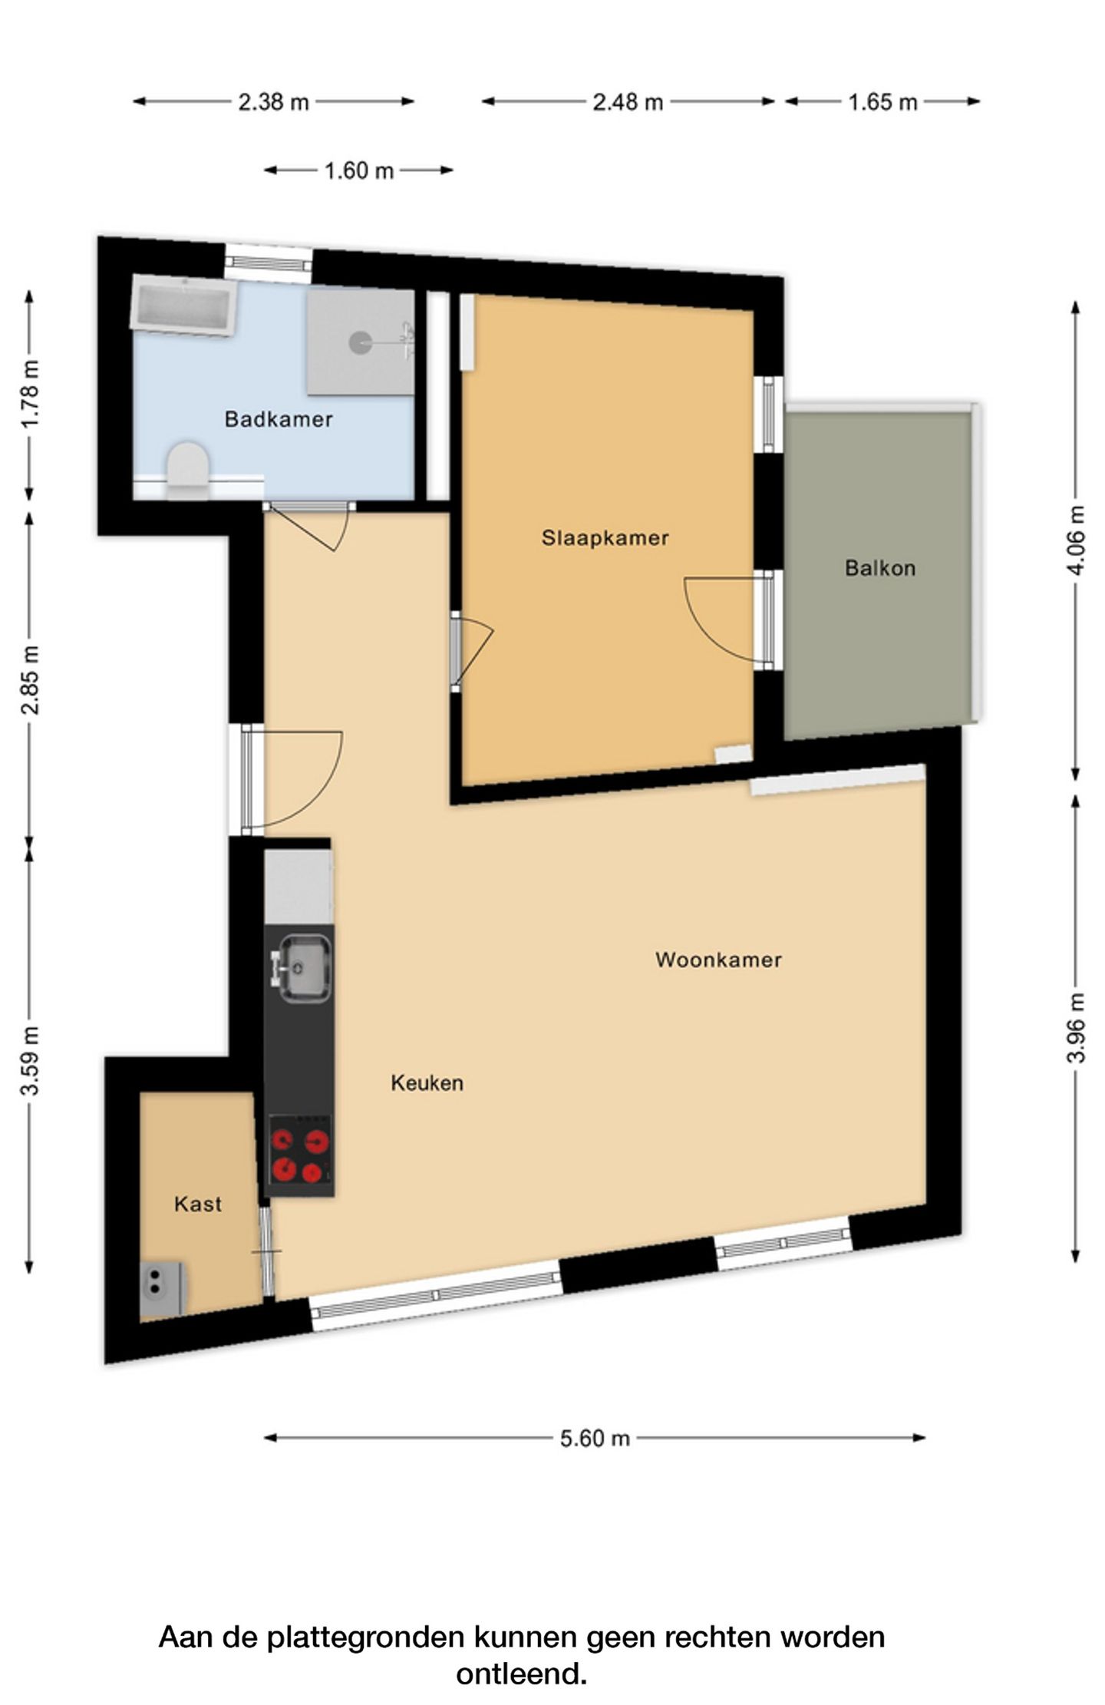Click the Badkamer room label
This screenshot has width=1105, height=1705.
pos(278,419)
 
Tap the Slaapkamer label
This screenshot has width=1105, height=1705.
pos(605,538)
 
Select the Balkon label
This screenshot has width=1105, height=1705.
pos(880,568)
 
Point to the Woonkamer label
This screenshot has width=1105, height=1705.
pos(718,960)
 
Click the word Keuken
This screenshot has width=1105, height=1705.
pos(427,1083)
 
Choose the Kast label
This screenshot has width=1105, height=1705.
pos(198,1204)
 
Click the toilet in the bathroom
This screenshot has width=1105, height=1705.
pos(188,468)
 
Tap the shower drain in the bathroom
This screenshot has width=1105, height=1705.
pos(361,342)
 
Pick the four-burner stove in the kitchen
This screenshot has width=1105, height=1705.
pos(299,1157)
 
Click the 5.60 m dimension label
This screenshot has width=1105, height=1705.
pos(595,1438)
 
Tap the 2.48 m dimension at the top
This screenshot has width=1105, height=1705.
pos(628,102)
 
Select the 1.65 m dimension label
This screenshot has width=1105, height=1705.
pos(882,102)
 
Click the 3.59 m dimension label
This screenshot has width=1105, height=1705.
pos(30,1060)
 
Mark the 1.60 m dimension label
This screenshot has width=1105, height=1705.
pos(358,170)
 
